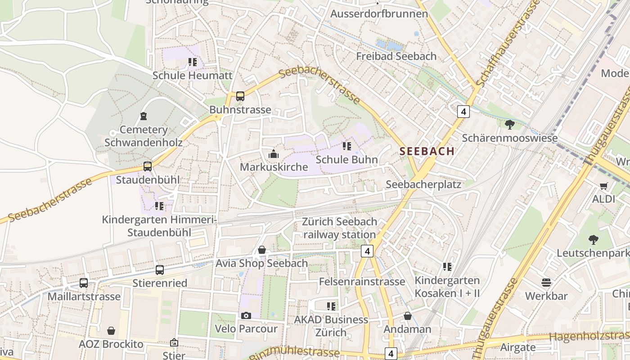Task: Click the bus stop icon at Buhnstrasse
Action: tap(240, 96)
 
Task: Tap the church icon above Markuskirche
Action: tap(273, 154)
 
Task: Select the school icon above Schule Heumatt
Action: tap(193, 62)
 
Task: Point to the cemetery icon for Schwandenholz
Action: tap(144, 117)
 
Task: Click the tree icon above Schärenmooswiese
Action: tap(510, 125)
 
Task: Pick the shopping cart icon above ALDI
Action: tap(603, 186)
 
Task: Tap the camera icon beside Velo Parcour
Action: tap(246, 315)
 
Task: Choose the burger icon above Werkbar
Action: tap(546, 283)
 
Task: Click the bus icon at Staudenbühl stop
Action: tap(148, 166)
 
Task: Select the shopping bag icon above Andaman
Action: tap(407, 316)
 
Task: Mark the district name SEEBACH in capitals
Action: tap(427, 152)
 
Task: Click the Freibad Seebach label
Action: tap(396, 56)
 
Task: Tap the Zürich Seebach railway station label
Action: tap(339, 228)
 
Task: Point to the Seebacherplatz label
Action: tap(423, 184)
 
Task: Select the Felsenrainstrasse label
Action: tap(362, 282)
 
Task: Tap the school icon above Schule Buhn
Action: tap(346, 146)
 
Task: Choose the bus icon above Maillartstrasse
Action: tap(84, 283)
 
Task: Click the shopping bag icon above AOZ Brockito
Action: tap(111, 331)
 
